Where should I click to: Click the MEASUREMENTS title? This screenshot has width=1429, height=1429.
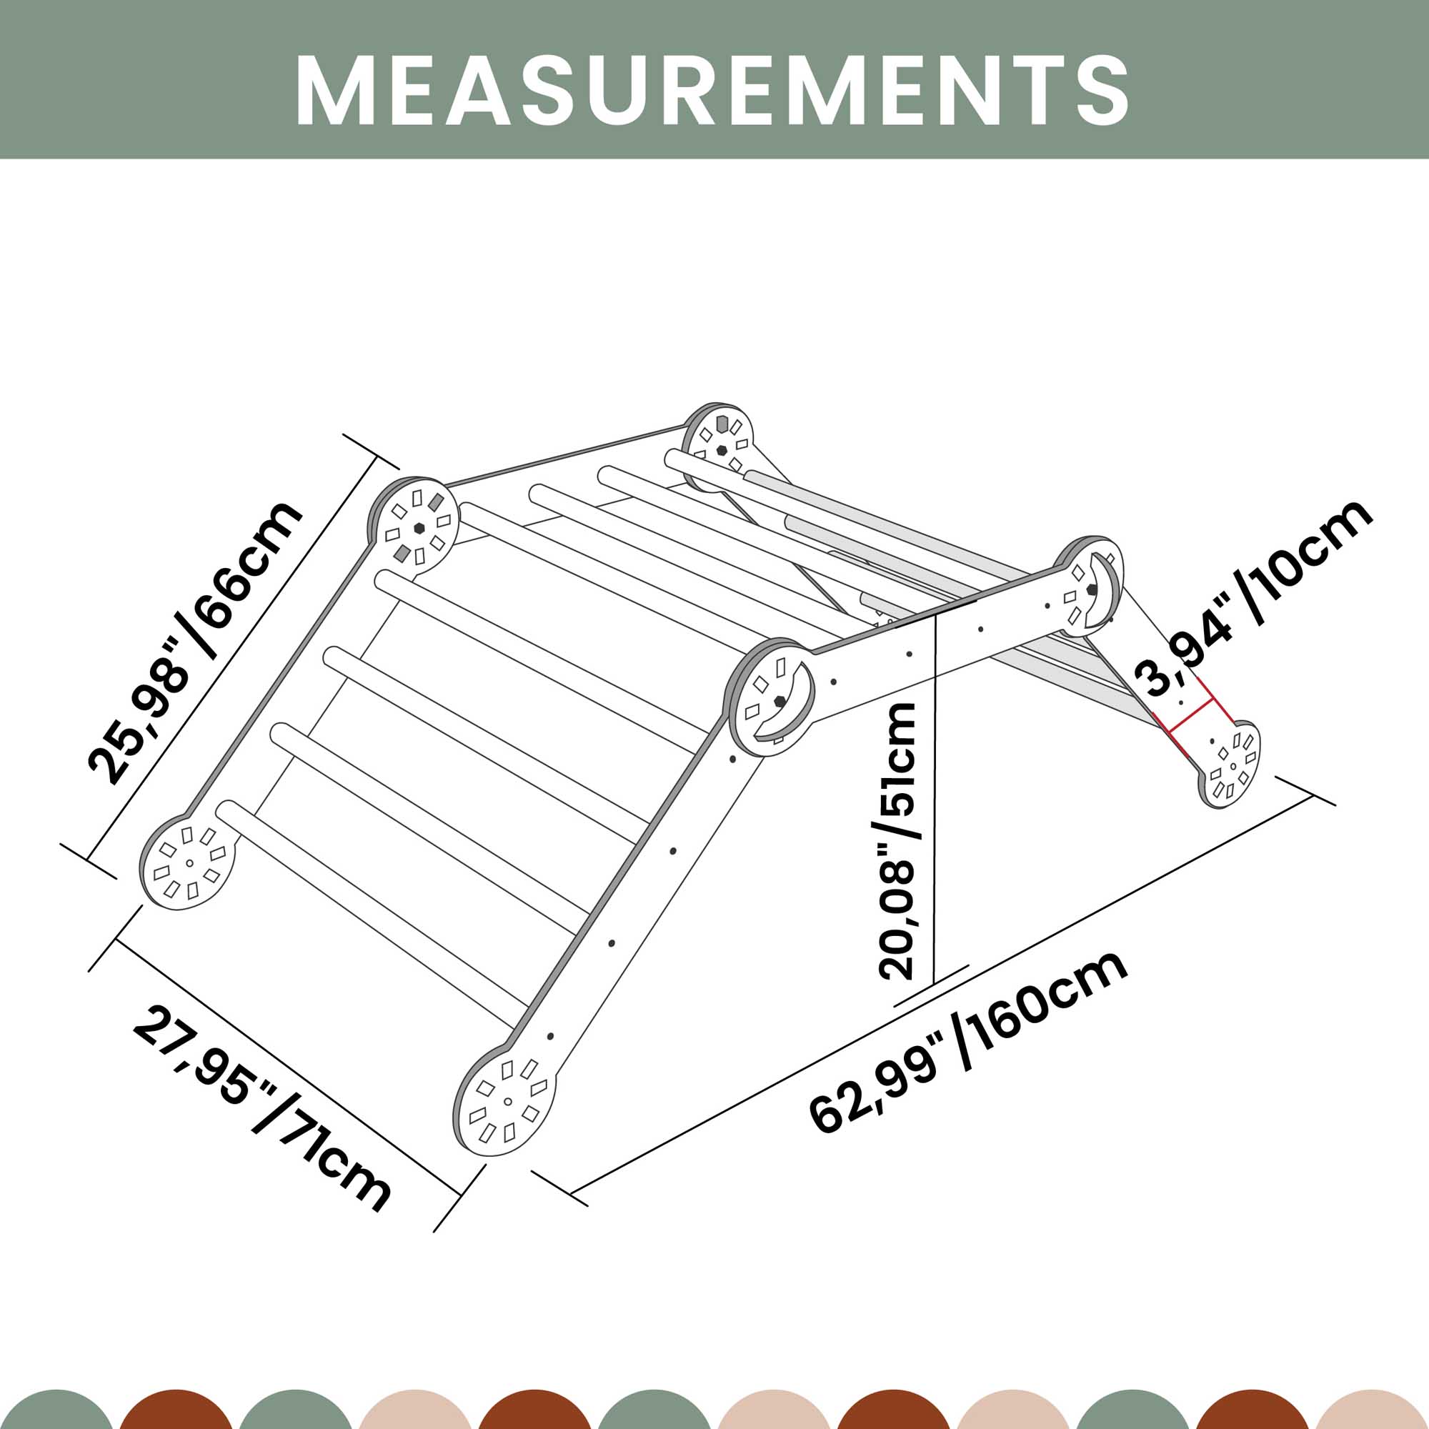pos(713,89)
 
